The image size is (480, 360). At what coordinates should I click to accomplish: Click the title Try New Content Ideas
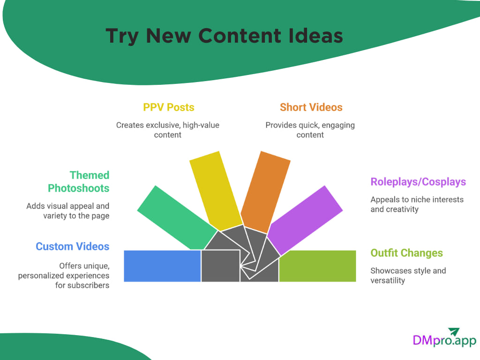(224, 36)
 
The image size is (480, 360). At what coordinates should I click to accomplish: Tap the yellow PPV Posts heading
(168, 107)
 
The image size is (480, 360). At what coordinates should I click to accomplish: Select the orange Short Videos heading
(311, 107)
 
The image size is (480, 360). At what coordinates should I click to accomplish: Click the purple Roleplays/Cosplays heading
(418, 182)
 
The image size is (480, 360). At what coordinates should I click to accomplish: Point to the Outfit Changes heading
(406, 253)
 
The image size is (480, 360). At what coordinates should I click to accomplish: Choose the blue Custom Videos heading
(72, 247)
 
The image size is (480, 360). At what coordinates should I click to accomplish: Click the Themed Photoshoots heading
(78, 182)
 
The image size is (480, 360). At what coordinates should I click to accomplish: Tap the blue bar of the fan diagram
(162, 266)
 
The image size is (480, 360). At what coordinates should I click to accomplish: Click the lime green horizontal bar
(317, 266)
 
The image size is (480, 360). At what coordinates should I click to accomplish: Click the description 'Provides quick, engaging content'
(310, 130)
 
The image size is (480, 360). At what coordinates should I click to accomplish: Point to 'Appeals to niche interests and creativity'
(417, 204)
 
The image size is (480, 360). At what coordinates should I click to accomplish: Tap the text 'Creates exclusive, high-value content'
(168, 130)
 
